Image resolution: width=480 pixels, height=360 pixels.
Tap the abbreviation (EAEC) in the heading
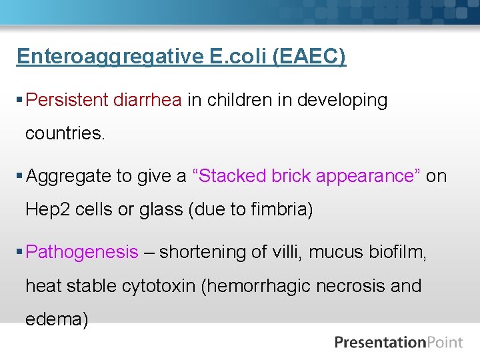click(309, 57)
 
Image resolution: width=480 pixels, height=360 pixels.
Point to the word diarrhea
click(147, 100)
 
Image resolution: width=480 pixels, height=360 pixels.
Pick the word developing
click(342, 101)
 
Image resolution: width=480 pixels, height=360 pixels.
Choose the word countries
click(65, 133)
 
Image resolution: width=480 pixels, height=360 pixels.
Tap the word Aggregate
click(69, 177)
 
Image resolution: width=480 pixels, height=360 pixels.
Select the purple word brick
click(291, 176)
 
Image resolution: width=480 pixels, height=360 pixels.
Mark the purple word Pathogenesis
click(82, 253)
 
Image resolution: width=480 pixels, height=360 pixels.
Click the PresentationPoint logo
click(398, 343)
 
